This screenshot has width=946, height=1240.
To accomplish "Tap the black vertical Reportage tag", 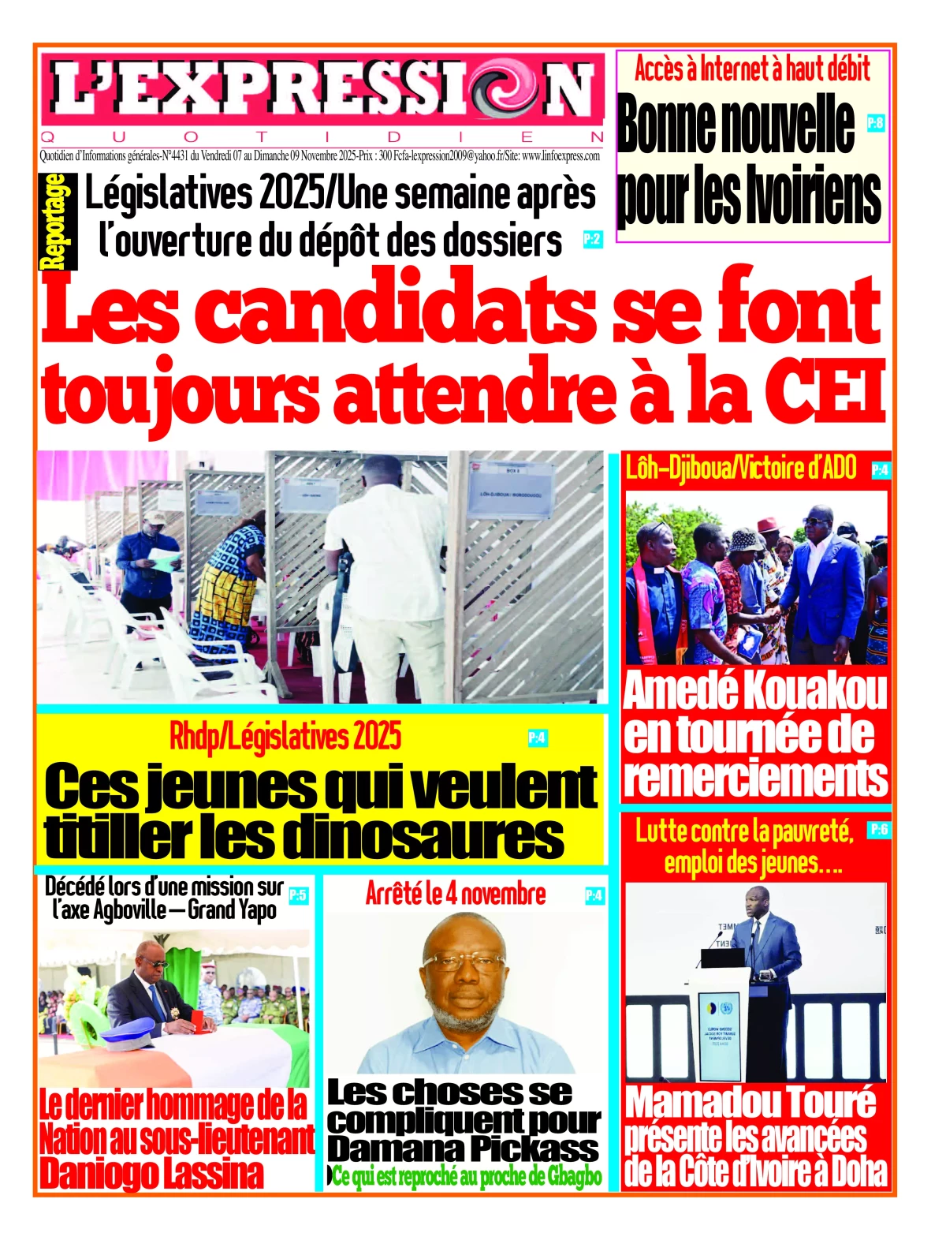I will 57,222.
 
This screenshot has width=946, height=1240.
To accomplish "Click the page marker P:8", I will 875,123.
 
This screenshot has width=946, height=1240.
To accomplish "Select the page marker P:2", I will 592,239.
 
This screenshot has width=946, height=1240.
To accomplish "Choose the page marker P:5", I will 298,895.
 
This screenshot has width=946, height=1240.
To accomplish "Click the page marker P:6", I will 878,829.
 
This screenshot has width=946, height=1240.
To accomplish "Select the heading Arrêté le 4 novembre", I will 455,894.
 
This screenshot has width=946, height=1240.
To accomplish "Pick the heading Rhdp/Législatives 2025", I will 285,737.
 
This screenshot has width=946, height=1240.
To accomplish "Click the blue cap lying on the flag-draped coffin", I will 125,1033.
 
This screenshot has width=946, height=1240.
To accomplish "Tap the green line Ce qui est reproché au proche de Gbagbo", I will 467,1177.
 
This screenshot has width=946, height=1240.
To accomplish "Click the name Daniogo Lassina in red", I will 151,1174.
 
